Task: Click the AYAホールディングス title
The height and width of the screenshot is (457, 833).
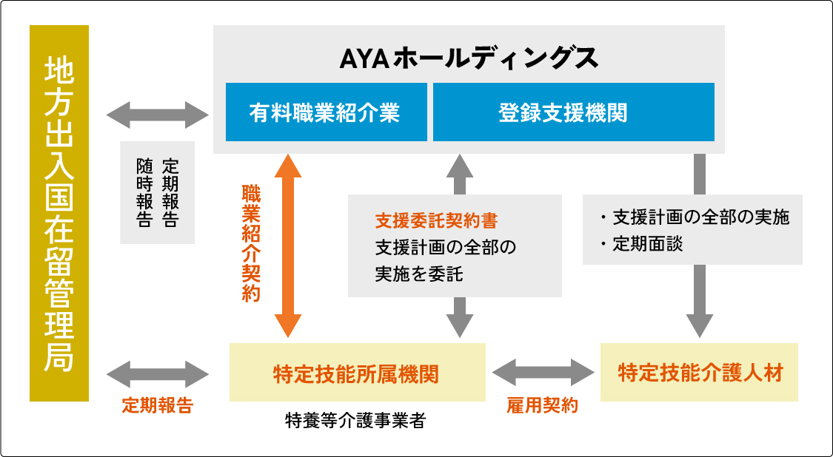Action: click(468, 58)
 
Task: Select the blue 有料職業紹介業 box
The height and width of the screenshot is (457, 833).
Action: click(326, 112)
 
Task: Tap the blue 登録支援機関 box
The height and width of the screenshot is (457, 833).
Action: click(573, 112)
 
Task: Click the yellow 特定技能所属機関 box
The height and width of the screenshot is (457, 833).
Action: click(357, 373)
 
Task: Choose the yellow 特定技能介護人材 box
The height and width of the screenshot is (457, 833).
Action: click(699, 373)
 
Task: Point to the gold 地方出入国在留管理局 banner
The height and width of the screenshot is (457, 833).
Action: click(59, 213)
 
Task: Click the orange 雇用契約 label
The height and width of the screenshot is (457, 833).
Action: click(542, 405)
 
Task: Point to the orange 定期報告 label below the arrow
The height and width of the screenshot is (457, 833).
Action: click(157, 405)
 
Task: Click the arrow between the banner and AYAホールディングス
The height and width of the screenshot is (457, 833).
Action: click(158, 115)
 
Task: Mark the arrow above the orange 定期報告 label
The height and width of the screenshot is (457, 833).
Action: click(158, 373)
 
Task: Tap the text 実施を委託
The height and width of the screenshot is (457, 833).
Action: click(419, 274)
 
